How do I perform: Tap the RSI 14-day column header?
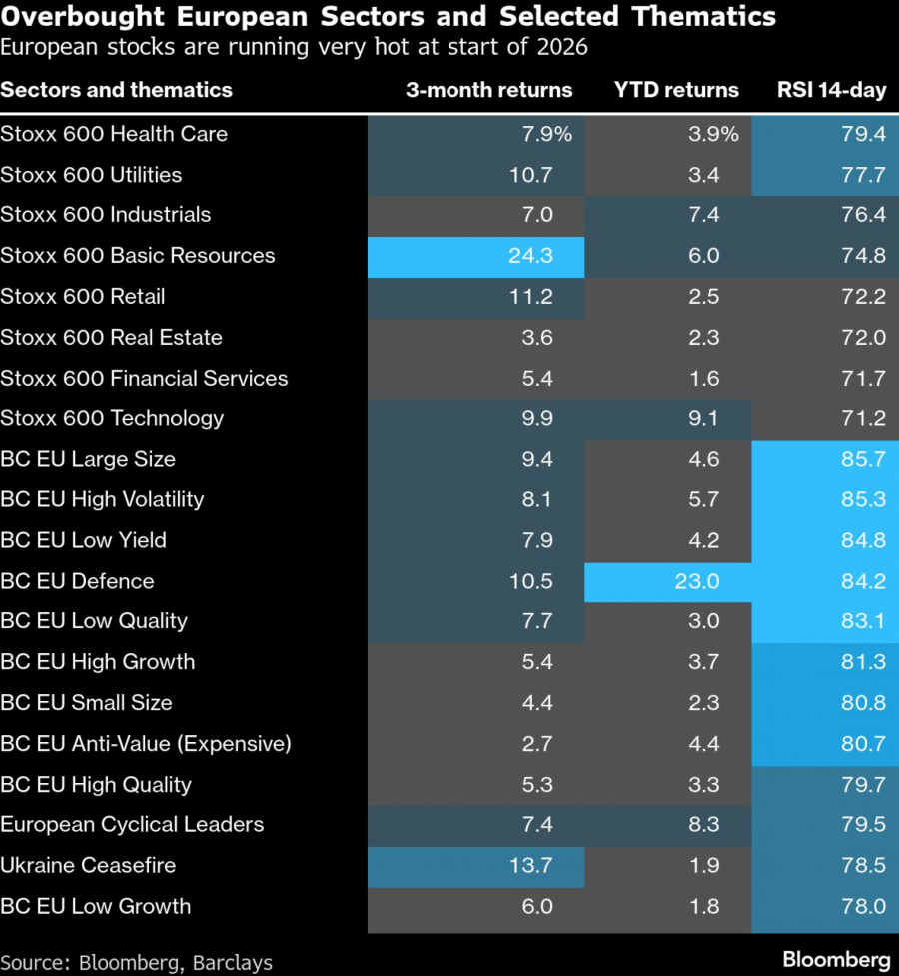click(831, 90)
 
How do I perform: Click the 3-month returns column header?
click(488, 90)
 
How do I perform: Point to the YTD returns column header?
click(676, 90)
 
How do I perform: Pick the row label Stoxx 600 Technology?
click(112, 419)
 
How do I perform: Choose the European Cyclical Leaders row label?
click(132, 825)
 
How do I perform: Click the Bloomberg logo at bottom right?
click(835, 959)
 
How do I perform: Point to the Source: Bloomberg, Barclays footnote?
click(136, 963)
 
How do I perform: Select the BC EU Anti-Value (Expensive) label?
click(145, 744)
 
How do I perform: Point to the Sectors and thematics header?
click(116, 90)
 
